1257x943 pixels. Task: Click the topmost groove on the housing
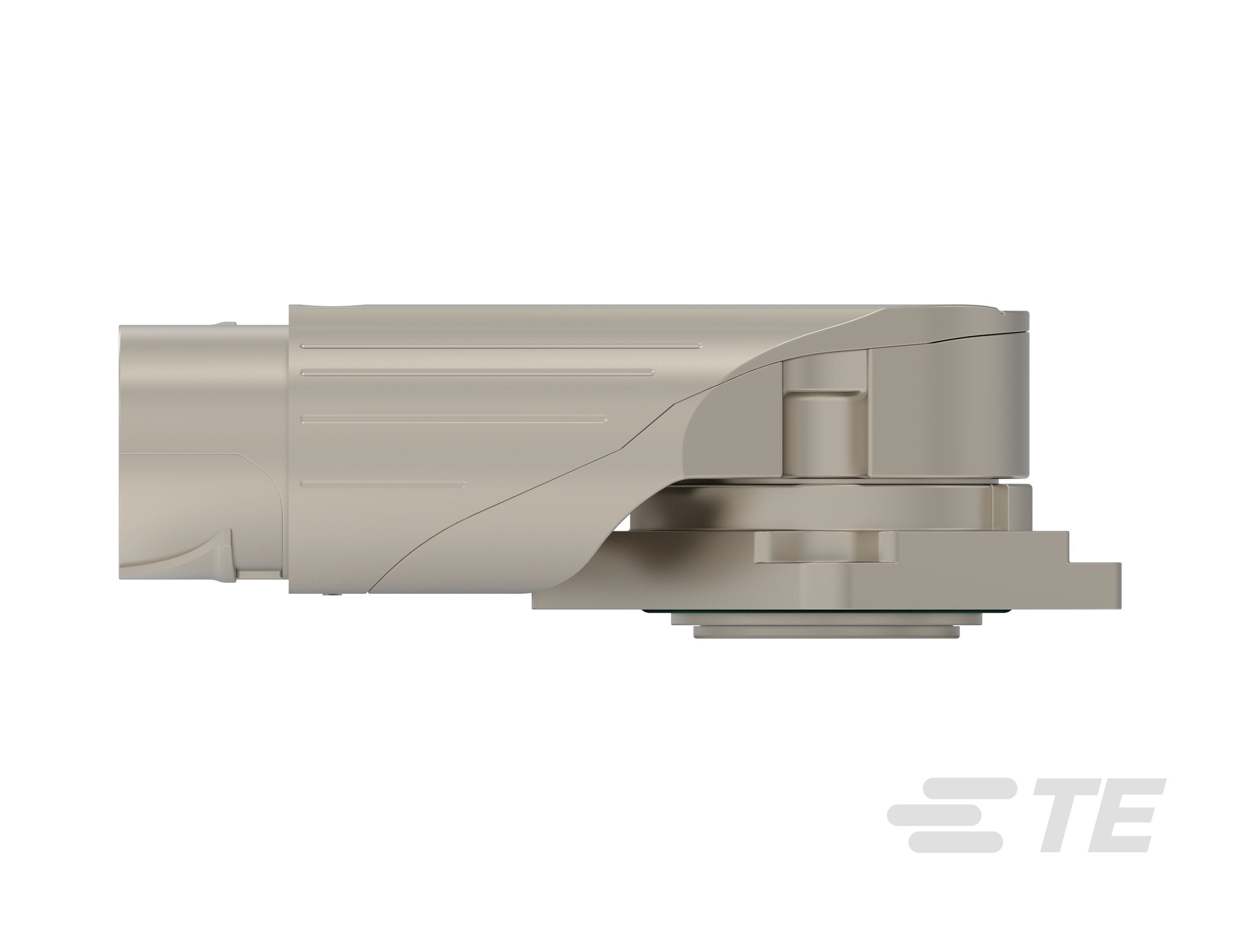(500, 345)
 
